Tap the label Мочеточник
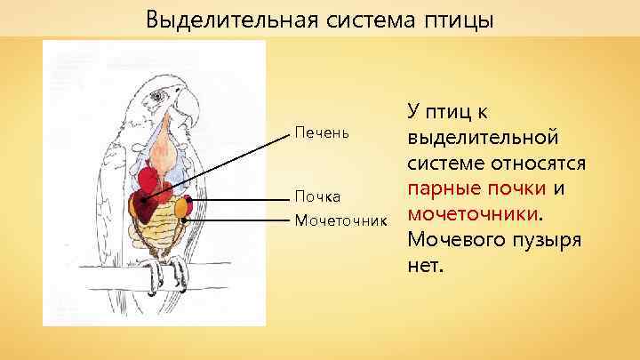(340, 218)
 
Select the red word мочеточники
(471, 214)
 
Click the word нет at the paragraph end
(424, 265)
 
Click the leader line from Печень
(222, 164)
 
